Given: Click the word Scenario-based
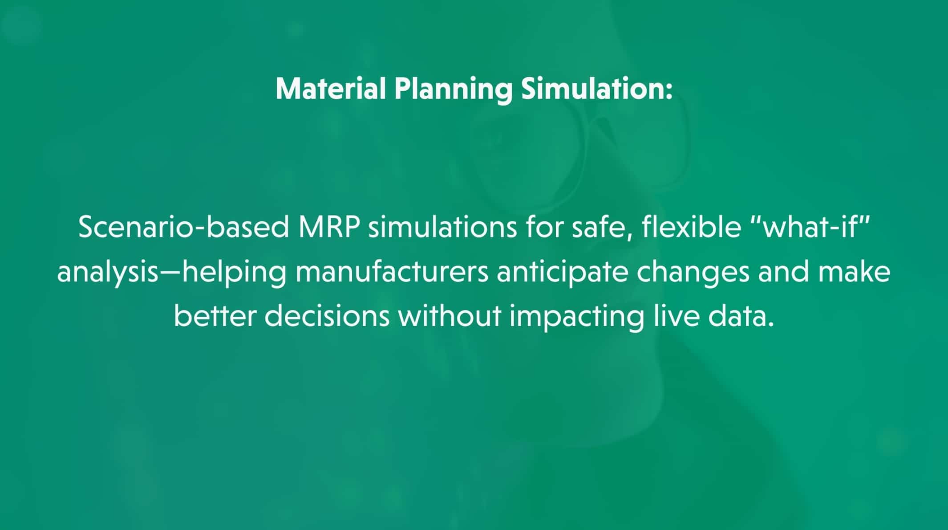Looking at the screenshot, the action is pos(183,227).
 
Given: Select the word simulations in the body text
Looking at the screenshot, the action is pos(442,227).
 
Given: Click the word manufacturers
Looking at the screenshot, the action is pos(392,272).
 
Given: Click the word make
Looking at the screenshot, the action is pos(855,272).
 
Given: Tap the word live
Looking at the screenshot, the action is pos(676,316).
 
